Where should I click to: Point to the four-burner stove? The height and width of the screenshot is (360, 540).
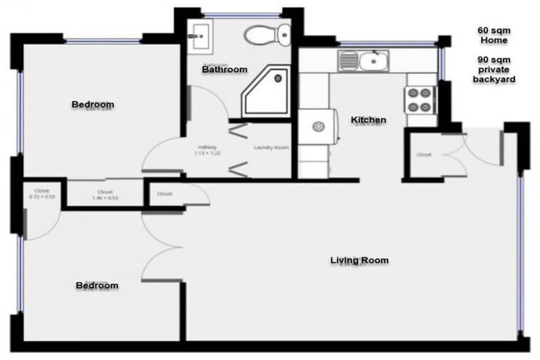(418, 99)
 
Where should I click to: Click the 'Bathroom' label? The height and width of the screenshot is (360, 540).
(224, 70)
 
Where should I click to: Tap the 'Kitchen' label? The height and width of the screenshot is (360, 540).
(368, 120)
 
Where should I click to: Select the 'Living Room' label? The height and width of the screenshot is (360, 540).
(359, 260)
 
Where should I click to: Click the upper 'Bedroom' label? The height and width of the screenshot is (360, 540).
(93, 105)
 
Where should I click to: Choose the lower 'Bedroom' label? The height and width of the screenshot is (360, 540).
(97, 285)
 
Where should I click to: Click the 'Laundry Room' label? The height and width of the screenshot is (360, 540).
(271, 148)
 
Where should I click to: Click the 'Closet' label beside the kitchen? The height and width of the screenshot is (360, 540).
(424, 155)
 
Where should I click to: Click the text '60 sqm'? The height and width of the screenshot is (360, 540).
(493, 31)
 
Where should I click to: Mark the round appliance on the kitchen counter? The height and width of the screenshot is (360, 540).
(318, 127)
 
